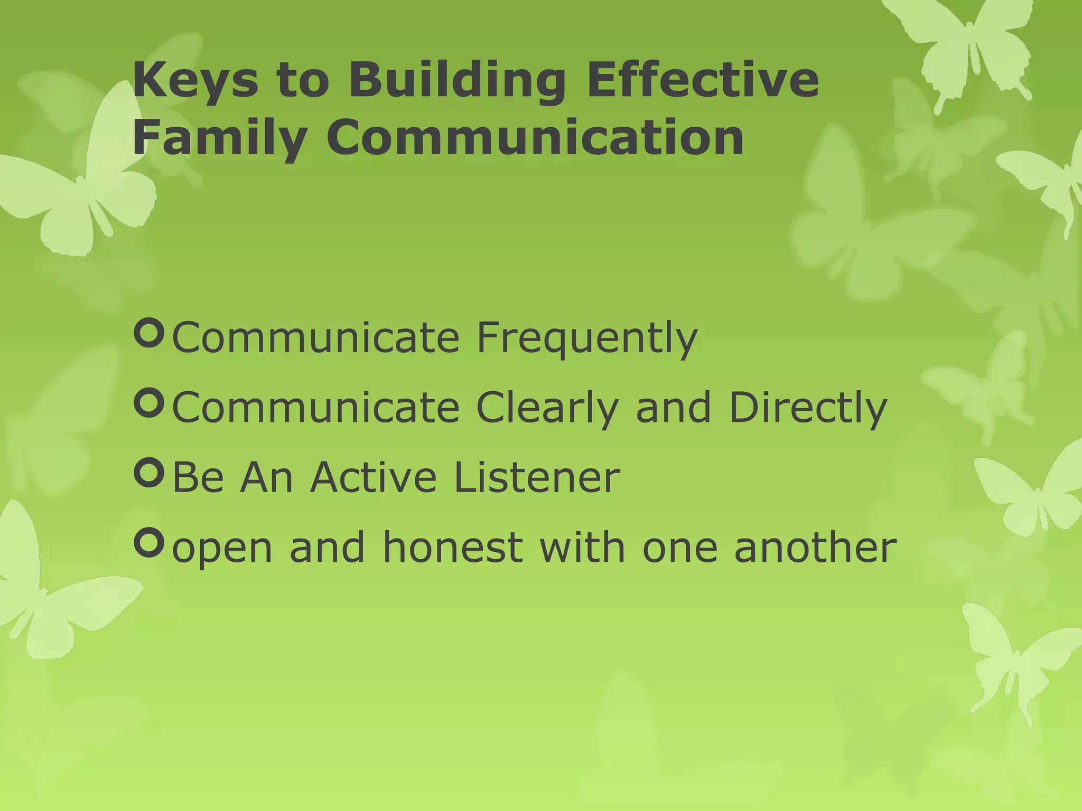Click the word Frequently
[586, 338]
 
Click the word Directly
[807, 408]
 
